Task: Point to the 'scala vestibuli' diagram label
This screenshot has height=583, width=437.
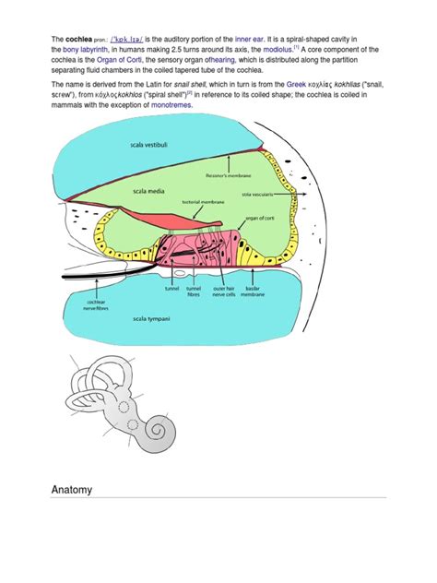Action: click(x=153, y=145)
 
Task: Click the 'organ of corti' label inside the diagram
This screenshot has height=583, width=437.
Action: click(x=264, y=219)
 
